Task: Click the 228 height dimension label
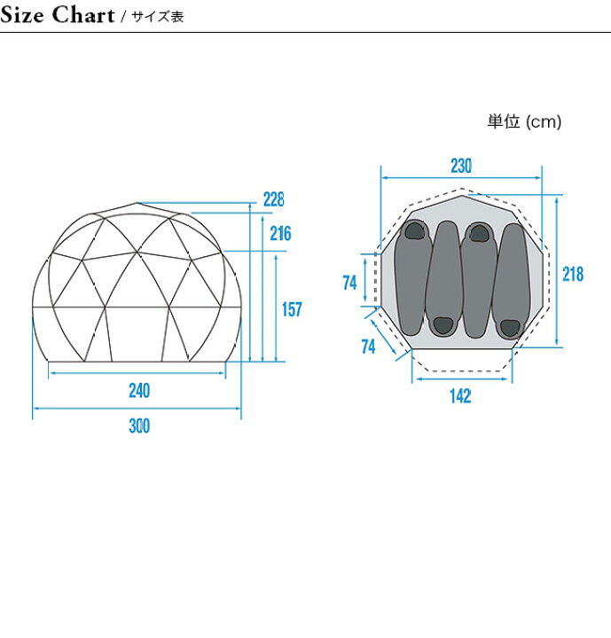coord(274,199)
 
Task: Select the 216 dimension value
coord(280,234)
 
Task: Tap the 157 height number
coord(292,309)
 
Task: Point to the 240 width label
coord(139,391)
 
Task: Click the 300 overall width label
coord(139,426)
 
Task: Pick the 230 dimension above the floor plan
coord(461,166)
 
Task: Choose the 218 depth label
coord(573,274)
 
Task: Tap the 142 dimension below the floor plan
coord(460,396)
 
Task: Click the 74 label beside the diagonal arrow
coord(368,347)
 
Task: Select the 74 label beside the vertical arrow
coord(350,284)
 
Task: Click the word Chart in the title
coord(83,15)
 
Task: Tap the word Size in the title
coord(22,15)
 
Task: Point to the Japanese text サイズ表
coord(158,17)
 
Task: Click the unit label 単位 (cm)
coord(524,121)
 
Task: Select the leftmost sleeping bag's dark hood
coord(415,230)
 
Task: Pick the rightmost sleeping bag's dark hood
coord(510,328)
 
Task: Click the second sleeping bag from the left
coord(444,279)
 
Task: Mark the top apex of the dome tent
coord(137,203)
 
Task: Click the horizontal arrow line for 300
coord(137,408)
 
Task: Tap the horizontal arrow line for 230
coord(461,178)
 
